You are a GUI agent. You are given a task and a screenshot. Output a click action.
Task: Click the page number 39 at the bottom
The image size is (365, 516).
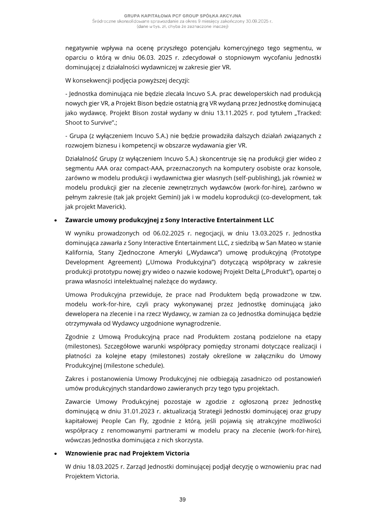pyautogui.click(x=182, y=500)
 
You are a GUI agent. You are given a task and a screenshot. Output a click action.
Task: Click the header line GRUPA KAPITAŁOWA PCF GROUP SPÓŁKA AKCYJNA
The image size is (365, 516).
pyautogui.click(x=182, y=16)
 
